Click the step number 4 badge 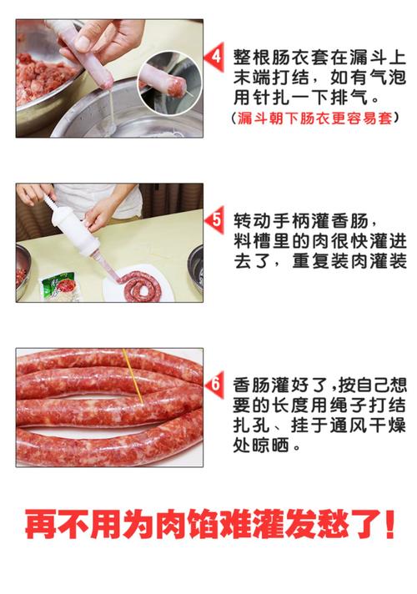215,57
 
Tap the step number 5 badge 215,221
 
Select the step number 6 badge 215,385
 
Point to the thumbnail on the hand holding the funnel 83,40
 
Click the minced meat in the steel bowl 38,67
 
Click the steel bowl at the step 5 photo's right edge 197,265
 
